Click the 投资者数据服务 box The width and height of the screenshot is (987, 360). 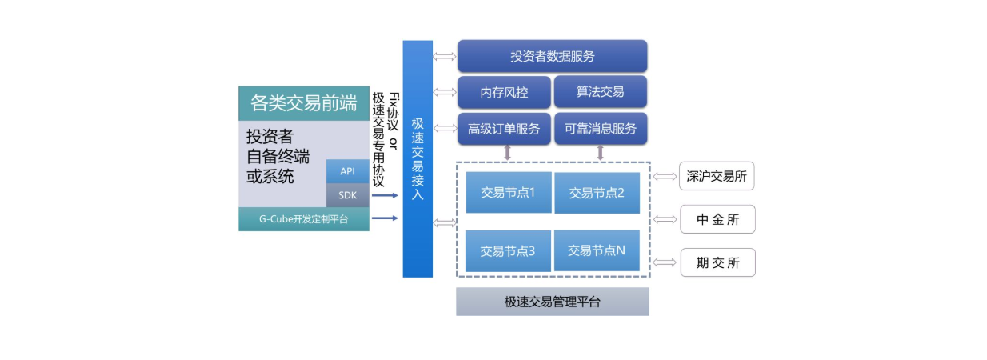(552, 57)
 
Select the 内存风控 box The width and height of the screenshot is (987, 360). (504, 92)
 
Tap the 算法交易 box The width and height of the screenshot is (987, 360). (600, 92)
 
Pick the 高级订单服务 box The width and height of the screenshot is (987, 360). (504, 129)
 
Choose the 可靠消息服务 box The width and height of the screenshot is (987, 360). (600, 129)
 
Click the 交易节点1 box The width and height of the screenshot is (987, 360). (508, 192)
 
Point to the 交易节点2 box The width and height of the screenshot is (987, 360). (597, 193)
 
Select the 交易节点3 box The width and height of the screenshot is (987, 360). (508, 250)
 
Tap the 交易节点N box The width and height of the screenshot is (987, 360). (597, 250)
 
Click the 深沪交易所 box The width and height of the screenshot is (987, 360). (717, 176)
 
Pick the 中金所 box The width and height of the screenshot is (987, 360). (717, 219)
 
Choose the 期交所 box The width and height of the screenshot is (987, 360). (717, 262)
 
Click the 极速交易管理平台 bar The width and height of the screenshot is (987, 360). (552, 302)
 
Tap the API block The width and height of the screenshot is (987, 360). (347, 171)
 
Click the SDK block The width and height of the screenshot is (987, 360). (347, 195)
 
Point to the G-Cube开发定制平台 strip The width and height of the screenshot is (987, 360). (303, 219)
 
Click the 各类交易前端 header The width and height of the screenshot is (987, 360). (303, 103)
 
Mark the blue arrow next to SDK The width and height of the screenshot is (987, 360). (385, 195)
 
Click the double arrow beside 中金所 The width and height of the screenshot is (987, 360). (664, 219)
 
